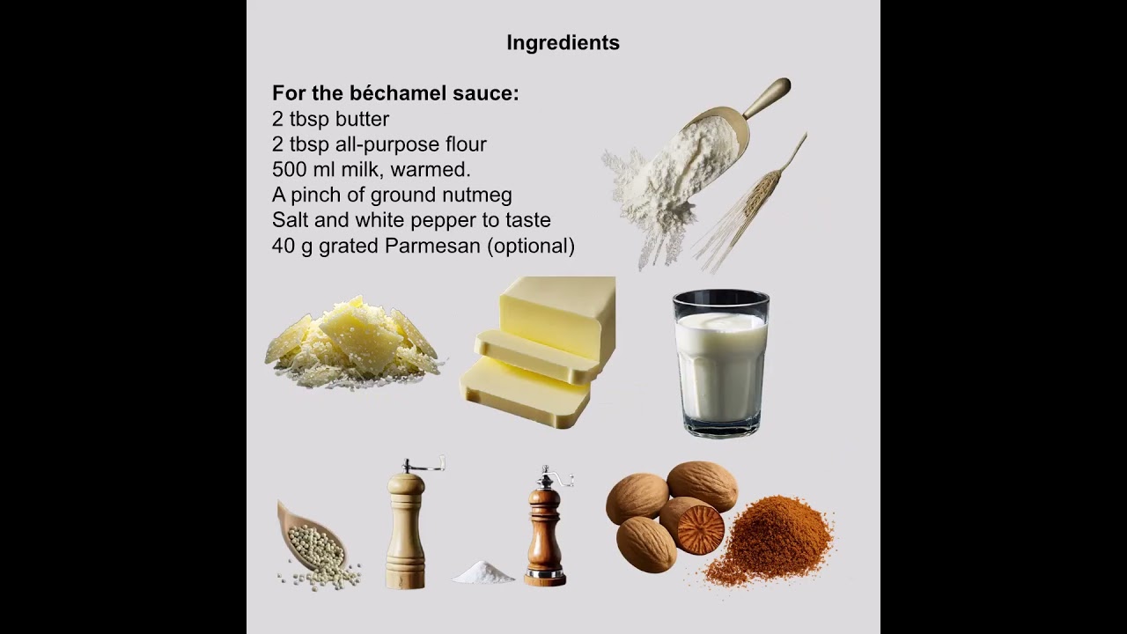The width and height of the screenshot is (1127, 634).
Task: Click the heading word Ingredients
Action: tap(563, 43)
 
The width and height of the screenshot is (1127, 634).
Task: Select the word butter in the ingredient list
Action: tap(362, 119)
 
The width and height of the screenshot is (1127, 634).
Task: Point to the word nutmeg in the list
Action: tap(477, 195)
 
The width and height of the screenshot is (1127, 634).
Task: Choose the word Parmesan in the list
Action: tap(432, 246)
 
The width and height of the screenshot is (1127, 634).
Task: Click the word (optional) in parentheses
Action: tap(531, 247)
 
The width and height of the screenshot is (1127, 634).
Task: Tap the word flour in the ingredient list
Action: tap(466, 144)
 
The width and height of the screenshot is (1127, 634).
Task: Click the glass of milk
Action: tap(721, 363)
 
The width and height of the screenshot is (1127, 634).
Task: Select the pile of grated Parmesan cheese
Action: tap(354, 343)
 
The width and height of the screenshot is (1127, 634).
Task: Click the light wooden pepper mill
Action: tap(407, 524)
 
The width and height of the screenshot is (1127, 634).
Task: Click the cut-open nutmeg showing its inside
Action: tap(692, 526)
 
